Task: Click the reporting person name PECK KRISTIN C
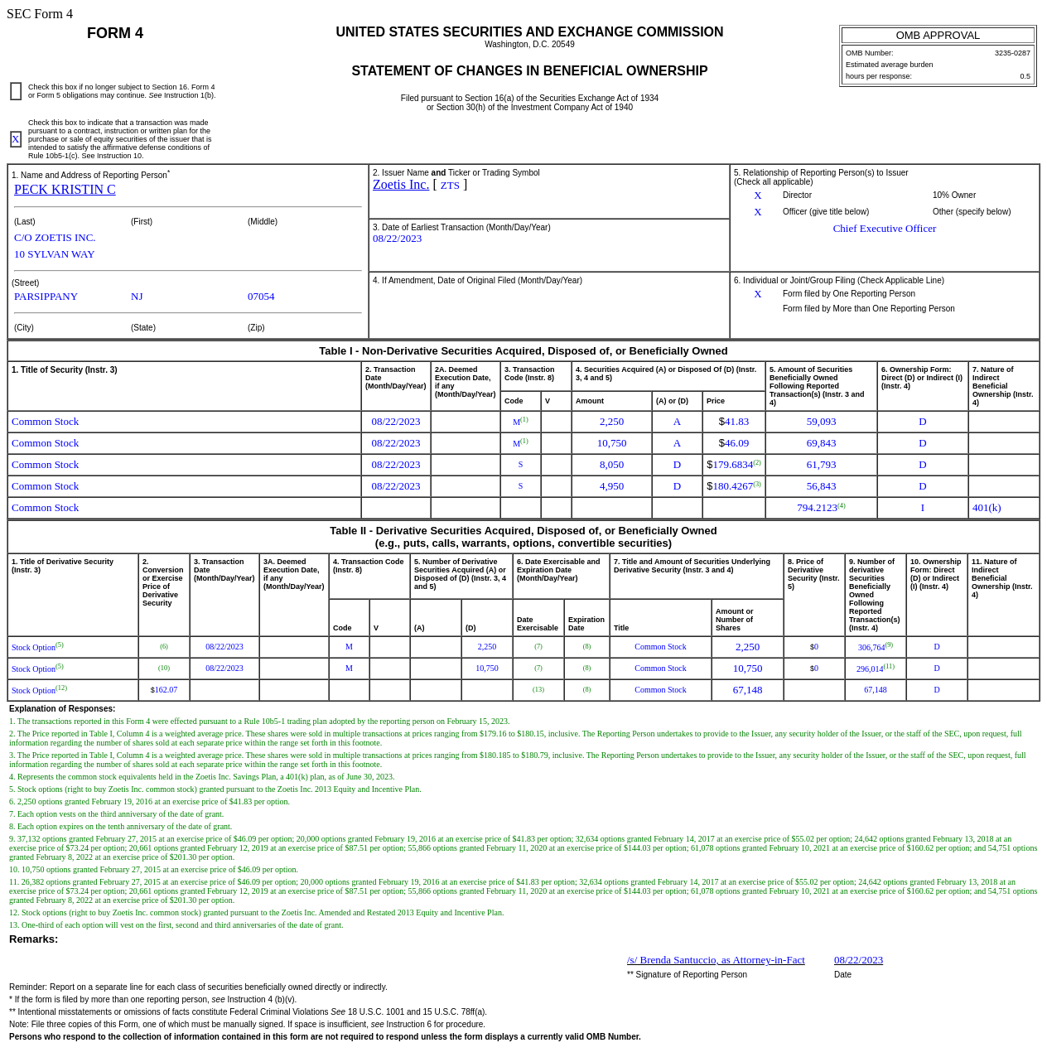point(65,190)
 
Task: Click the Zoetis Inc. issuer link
point(401,185)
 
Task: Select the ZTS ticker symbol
point(450,186)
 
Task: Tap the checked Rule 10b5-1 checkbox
point(16,139)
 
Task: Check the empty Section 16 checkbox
point(16,91)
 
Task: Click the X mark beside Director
point(757,196)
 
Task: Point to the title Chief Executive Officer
point(884,229)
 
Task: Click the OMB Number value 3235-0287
point(1012,53)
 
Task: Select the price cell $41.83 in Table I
point(734,422)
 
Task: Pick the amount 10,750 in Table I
point(611,443)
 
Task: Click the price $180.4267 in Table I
point(733,486)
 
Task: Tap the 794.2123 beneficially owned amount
point(818,508)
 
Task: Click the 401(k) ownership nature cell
point(987,508)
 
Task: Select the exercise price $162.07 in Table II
point(164,690)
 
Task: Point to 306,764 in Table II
point(871,647)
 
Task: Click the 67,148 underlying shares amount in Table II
point(747,690)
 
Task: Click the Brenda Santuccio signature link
point(716,960)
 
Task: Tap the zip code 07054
point(261,297)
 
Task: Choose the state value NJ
point(137,297)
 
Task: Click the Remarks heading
point(34,939)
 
